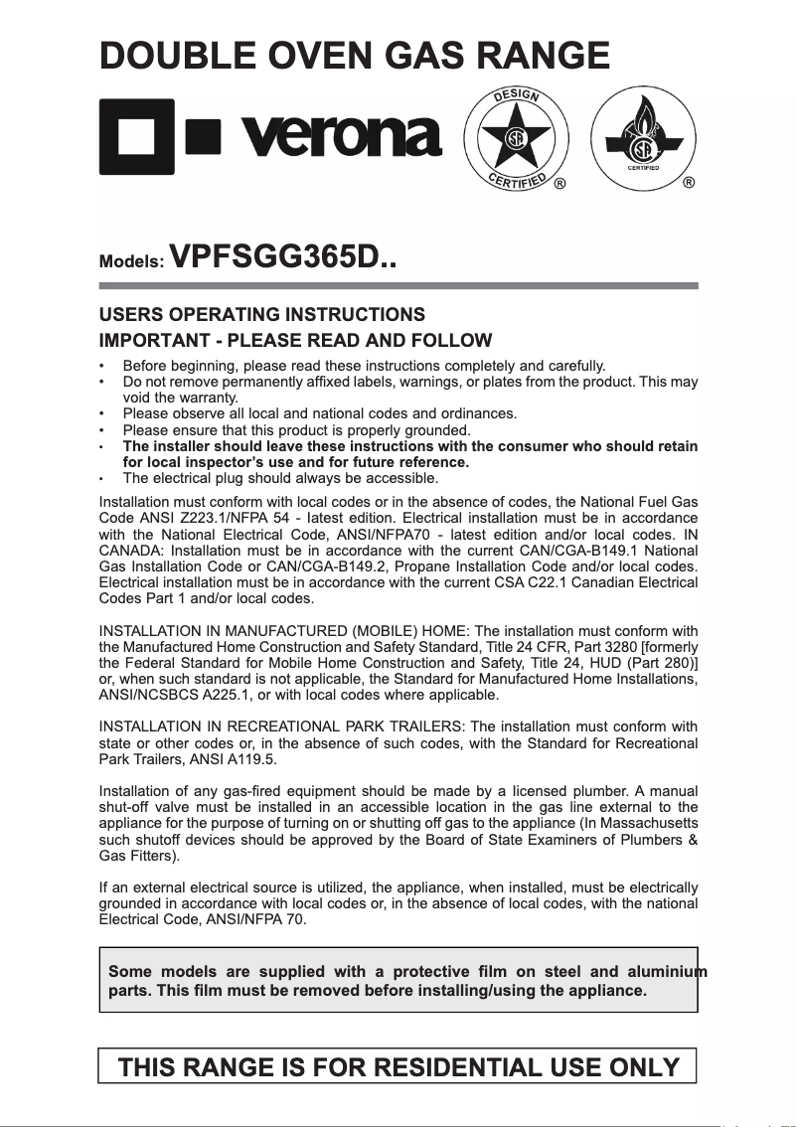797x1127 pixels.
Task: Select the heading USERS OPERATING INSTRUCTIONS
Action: (x=262, y=315)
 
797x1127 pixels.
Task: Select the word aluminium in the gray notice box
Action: (x=665, y=970)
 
